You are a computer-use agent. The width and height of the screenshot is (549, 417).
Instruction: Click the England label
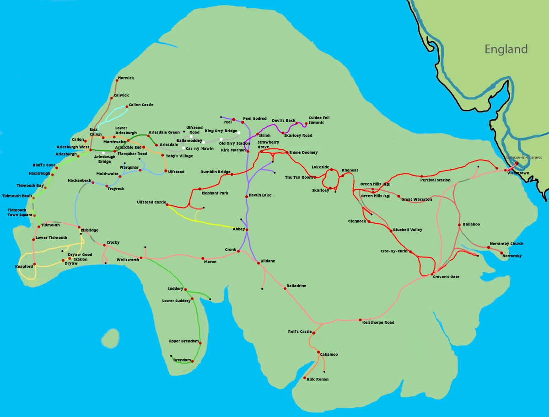pos(506,49)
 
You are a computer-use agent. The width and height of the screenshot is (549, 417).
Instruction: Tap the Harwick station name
pos(126,78)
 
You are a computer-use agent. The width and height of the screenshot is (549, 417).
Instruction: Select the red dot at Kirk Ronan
pos(305,377)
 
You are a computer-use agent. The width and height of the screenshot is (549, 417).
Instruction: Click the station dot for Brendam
pos(192,362)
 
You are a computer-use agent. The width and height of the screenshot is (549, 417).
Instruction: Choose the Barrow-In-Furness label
pos(524,157)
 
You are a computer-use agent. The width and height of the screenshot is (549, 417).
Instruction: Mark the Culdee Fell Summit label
pos(319,120)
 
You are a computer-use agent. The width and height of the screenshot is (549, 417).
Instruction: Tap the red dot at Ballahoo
pos(459,225)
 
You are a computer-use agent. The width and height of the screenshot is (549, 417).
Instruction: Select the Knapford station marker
pos(34,264)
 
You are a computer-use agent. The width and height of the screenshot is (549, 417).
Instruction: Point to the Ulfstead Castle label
pos(151,202)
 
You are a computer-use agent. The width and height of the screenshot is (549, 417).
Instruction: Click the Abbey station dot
pos(248,229)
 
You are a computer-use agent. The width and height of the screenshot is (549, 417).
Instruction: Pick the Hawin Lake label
pos(260,195)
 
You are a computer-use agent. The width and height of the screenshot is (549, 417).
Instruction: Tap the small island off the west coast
pos(110,339)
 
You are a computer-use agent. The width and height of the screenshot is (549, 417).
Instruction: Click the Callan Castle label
pos(141,105)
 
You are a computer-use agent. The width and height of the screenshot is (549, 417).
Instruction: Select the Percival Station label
pos(435,180)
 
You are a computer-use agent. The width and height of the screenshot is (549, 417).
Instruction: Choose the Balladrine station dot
pos(285,289)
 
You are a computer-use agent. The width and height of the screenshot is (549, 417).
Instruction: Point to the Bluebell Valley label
pos(408,230)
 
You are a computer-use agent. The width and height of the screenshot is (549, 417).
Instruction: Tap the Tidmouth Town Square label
pos(20,212)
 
